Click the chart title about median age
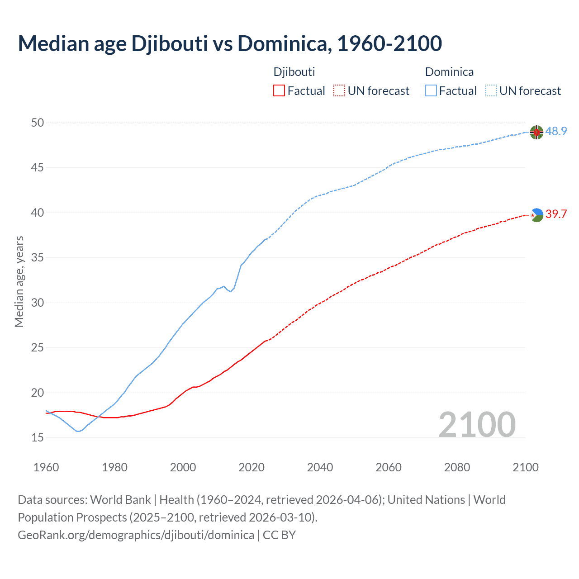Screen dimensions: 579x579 coord(230,43)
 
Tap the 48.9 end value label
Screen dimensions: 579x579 coord(556,132)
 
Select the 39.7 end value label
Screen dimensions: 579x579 coord(556,214)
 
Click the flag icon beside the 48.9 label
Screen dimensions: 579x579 coord(536,132)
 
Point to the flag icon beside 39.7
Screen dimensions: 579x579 coord(536,215)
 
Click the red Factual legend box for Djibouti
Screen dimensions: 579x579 coord(279,91)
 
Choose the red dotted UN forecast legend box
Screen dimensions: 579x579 coord(339,91)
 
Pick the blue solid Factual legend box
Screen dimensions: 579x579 coord(431,91)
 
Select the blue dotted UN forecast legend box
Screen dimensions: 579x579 coord(491,91)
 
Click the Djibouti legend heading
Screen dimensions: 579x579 coord(294,72)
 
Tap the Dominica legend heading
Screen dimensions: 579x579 coord(449,72)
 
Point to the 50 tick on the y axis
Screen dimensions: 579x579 coord(38,123)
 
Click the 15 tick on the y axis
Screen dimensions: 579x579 coord(38,437)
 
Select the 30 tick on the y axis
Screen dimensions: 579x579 coord(38,303)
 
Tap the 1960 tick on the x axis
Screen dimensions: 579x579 coord(46,467)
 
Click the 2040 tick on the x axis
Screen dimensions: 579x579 coord(320,467)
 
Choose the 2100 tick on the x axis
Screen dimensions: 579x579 coord(525,467)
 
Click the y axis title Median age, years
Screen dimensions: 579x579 coord(19,281)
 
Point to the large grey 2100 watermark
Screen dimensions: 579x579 coord(477,424)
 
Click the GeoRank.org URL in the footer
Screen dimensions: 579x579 coord(136,535)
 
